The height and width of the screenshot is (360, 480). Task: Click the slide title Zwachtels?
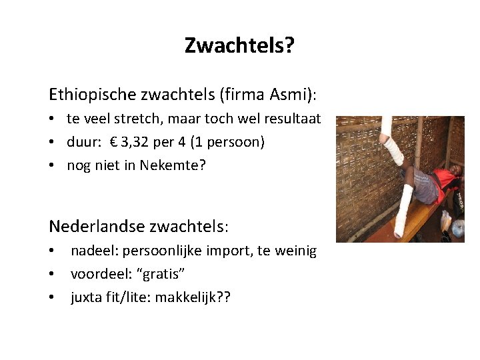pos(239,46)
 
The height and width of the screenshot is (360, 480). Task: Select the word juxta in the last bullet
pos(85,297)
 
